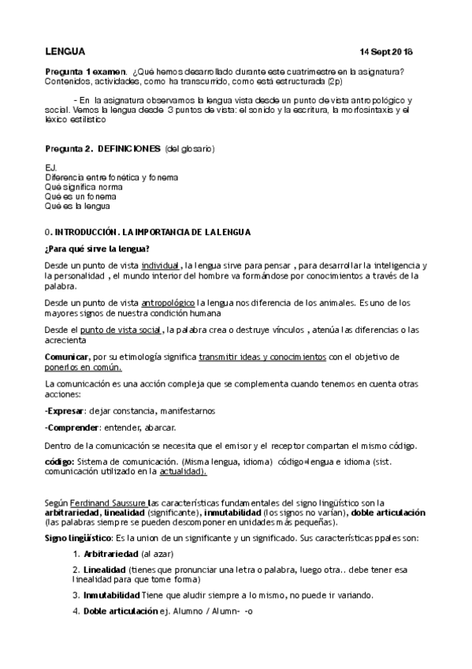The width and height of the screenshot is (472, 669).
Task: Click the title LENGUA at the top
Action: pyautogui.click(x=65, y=51)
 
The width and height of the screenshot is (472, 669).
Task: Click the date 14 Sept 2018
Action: pyautogui.click(x=386, y=52)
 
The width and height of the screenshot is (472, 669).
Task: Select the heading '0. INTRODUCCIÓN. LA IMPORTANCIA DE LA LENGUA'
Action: pyautogui.click(x=148, y=232)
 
